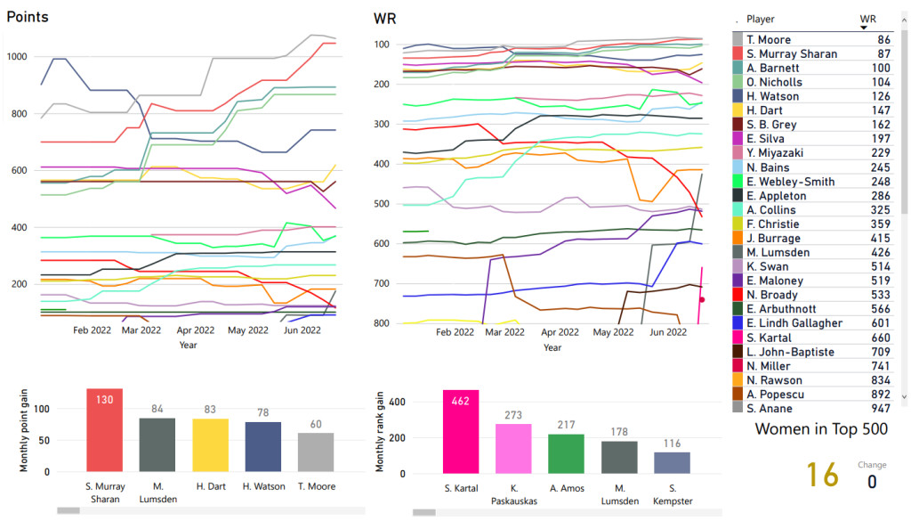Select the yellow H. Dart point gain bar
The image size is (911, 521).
tap(212, 451)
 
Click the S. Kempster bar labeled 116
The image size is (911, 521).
tap(672, 463)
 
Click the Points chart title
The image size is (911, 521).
tap(28, 18)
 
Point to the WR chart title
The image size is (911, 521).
tap(384, 18)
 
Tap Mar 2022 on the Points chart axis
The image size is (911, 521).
tap(141, 330)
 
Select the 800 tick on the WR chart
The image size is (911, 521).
tap(383, 322)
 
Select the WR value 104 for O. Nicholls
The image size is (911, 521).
tap(883, 82)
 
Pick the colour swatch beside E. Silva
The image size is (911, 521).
tap(738, 139)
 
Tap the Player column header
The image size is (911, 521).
tap(761, 19)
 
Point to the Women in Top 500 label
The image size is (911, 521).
tap(819, 429)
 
